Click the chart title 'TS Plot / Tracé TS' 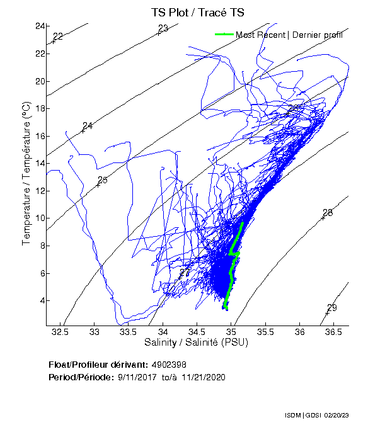pos(197,12)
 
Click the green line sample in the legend pos(225,35)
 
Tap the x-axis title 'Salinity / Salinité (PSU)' pos(197,343)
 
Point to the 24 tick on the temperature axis pos(39,26)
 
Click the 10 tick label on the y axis pos(39,218)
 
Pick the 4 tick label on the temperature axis pos(41,300)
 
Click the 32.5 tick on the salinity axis pos(60,331)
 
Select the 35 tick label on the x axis pos(232,331)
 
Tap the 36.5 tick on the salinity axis pos(334,331)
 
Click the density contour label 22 pos(58,37)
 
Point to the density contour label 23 pos(163,28)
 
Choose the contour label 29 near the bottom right pos(332,307)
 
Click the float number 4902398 pos(169,365)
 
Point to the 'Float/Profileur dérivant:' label pos(99,365)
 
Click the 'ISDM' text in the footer pos(293,416)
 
